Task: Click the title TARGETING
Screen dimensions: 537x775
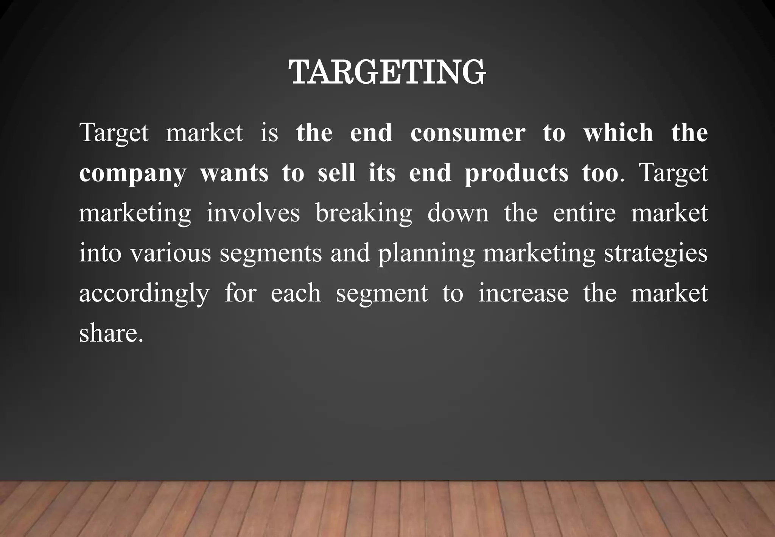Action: [387, 72]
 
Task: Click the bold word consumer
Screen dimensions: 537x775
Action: [468, 133]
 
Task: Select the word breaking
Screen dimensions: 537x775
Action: [363, 214]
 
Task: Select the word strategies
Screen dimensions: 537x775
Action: [655, 254]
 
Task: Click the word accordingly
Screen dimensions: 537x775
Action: [144, 294]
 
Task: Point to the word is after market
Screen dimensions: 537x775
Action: [269, 133]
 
